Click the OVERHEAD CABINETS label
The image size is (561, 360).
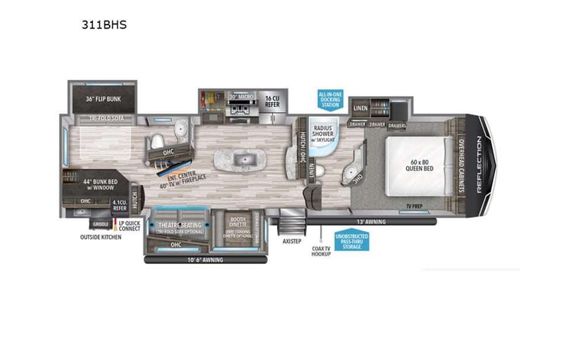coord(460,165)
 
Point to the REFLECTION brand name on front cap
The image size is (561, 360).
coord(479,165)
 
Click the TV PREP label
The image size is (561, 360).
coord(415,206)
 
